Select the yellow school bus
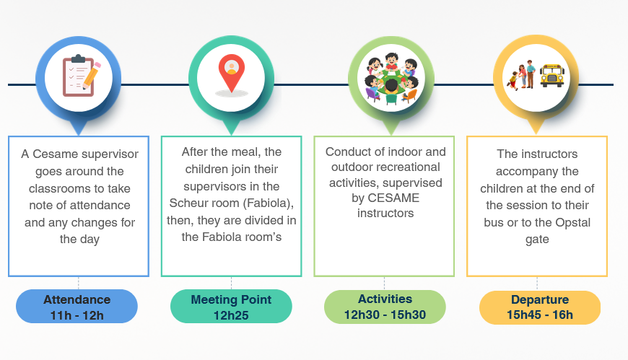coord(552,76)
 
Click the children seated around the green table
coord(391,79)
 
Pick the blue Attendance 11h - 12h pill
coord(77,307)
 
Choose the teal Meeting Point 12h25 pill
coord(231,307)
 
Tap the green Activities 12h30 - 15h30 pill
coord(385,307)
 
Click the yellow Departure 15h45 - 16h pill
coord(540,307)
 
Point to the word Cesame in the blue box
coord(56,154)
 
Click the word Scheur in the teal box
coord(188,203)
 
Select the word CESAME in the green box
coord(393,198)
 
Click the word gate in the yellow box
coord(537,240)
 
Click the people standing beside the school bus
coord(521,75)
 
